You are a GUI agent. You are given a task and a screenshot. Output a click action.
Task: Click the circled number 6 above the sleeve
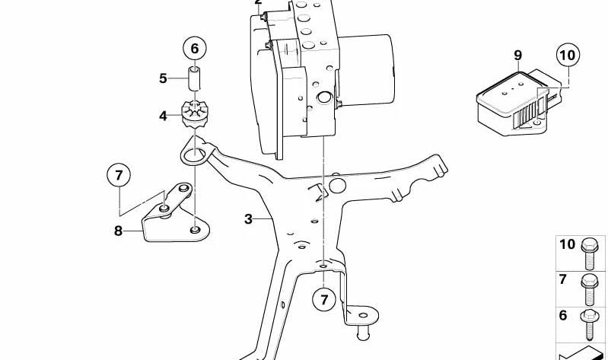click(194, 49)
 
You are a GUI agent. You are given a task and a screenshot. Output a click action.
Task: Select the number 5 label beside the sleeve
click(163, 78)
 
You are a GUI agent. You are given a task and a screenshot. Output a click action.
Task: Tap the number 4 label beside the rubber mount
click(163, 116)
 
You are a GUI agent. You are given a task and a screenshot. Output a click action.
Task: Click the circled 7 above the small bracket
click(119, 175)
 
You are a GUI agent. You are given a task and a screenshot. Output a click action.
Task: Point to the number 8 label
click(118, 231)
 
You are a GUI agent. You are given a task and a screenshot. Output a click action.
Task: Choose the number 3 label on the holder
click(248, 219)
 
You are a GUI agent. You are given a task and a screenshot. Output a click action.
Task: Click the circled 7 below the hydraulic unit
click(324, 299)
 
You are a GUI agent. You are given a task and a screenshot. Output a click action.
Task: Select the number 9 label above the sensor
click(518, 56)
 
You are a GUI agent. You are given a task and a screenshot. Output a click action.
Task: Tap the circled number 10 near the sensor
click(568, 55)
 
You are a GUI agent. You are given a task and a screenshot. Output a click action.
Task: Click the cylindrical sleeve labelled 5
click(194, 78)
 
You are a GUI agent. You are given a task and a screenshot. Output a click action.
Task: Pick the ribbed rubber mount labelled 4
click(196, 114)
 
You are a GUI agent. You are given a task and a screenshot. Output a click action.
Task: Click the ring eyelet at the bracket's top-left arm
click(194, 155)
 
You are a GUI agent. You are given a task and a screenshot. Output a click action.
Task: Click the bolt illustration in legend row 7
click(590, 289)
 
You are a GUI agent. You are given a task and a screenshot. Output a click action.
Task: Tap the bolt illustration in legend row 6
click(589, 325)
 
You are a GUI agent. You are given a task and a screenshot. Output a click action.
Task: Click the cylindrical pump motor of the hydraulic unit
click(367, 69)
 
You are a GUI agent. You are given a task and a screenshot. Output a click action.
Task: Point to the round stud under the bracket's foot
click(363, 333)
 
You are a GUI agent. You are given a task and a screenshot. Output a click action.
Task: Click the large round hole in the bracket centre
click(337, 186)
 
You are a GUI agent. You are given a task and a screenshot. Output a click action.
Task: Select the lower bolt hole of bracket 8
click(196, 230)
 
